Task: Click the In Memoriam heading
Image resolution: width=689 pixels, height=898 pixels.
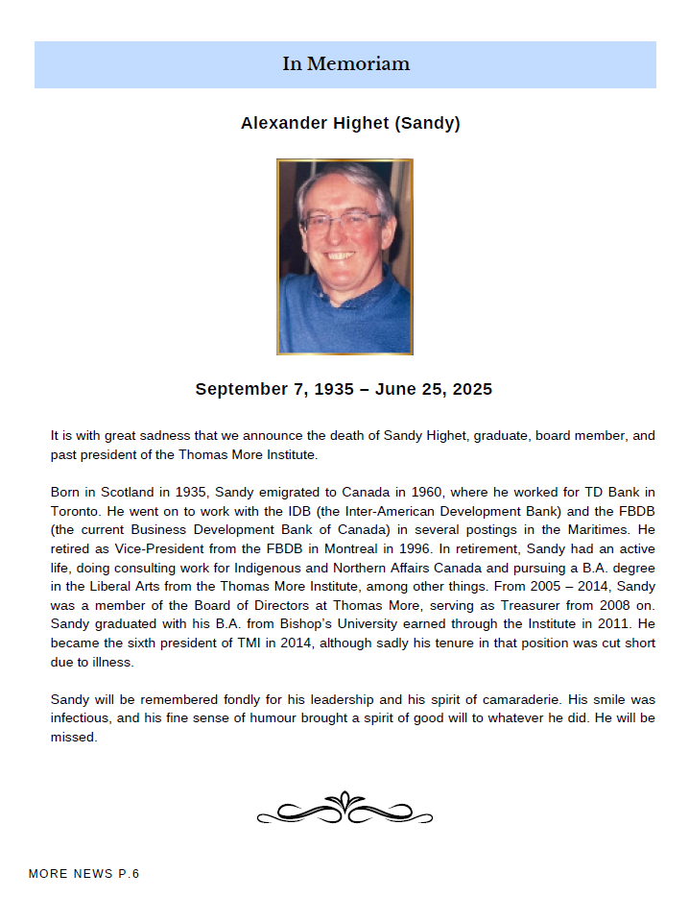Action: pyautogui.click(x=345, y=64)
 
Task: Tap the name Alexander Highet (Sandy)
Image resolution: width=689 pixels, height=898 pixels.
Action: pyautogui.click(x=350, y=124)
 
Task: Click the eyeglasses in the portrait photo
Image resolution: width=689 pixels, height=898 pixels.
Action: pyautogui.click(x=342, y=221)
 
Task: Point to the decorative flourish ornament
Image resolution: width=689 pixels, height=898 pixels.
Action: pyautogui.click(x=345, y=809)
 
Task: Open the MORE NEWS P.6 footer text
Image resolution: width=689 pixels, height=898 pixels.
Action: pyautogui.click(x=84, y=874)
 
